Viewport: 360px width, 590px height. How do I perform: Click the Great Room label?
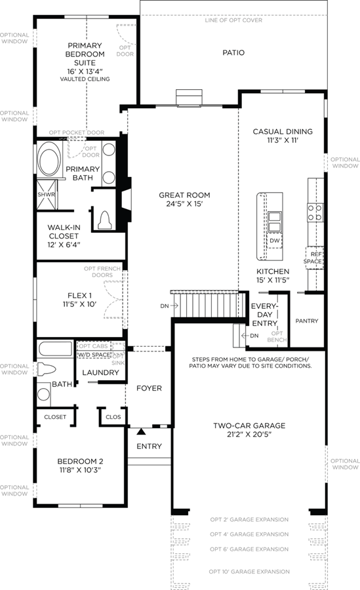(184, 195)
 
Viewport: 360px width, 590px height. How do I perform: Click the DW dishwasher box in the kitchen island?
(275, 241)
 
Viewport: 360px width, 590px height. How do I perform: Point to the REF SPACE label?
(313, 258)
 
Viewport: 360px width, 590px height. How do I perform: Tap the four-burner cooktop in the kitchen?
(315, 212)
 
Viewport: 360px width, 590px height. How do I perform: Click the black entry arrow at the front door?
(141, 431)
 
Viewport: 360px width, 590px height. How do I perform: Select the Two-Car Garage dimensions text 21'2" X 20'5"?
(249, 434)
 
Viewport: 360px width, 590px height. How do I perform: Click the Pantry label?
(306, 321)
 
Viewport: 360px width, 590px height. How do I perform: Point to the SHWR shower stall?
(47, 195)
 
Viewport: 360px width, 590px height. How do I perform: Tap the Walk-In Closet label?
(64, 231)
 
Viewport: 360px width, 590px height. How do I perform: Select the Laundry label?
(100, 372)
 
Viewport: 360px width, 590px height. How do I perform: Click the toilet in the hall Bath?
(47, 369)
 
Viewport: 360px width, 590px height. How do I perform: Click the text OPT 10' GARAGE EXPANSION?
(249, 572)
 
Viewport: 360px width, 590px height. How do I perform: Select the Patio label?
(233, 52)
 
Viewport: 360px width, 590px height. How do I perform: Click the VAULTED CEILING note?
(85, 79)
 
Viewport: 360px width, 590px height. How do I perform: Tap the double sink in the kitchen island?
(274, 222)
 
